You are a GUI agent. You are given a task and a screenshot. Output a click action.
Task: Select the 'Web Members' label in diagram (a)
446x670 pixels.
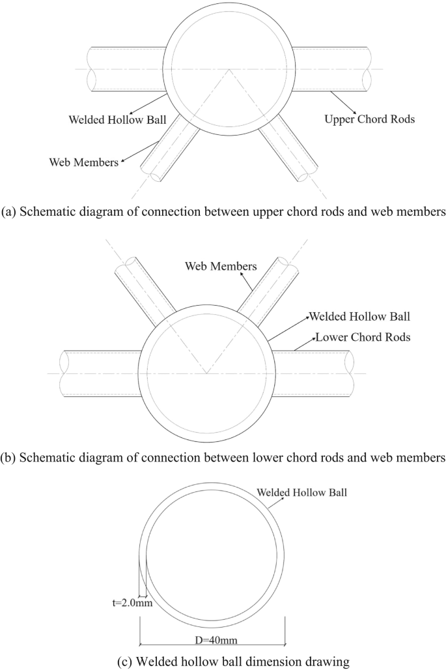[x=83, y=162]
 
